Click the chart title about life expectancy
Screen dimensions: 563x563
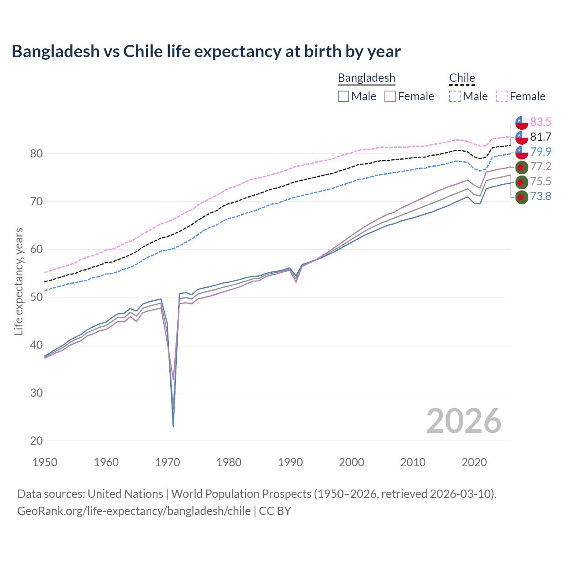[206, 51]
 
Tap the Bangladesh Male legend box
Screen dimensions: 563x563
[344, 96]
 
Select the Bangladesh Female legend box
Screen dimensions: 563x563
[391, 96]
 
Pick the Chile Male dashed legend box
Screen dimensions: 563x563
[455, 96]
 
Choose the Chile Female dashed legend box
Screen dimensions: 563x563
[502, 96]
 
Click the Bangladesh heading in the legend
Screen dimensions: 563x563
[366, 78]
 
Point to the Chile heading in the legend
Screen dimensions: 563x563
[462, 78]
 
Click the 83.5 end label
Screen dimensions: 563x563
[541, 122]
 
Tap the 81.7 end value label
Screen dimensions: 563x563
[541, 137]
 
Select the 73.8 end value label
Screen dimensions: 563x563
[541, 196]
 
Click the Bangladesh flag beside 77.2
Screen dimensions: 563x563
[521, 167]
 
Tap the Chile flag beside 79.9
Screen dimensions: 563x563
[521, 152]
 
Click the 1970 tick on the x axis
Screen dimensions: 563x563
[168, 462]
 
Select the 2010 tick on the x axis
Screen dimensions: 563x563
[413, 462]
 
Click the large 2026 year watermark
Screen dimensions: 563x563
[464, 421]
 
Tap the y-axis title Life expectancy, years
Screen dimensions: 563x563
[18, 281]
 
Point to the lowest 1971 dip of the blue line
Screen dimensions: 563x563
[173, 426]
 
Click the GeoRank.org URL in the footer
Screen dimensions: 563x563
[134, 511]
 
